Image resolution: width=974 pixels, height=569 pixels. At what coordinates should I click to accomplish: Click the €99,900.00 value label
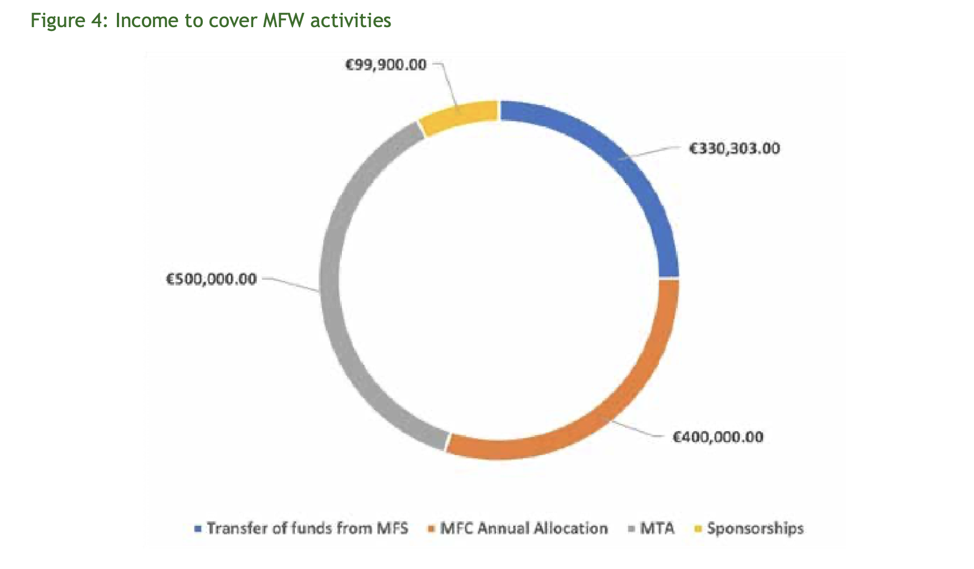point(386,65)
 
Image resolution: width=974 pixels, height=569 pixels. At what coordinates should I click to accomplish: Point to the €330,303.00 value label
point(734,148)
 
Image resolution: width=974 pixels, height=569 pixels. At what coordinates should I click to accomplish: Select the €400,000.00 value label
point(718,437)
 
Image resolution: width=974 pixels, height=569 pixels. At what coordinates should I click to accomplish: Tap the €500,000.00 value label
point(212,279)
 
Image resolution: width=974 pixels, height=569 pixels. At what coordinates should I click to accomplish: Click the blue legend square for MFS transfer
point(198,529)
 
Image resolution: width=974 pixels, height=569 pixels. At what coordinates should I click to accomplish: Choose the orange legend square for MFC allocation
point(431,529)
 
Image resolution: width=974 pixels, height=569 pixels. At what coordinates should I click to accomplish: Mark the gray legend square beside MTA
point(631,529)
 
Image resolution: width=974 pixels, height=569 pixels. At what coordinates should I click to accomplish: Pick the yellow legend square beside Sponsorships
point(698,529)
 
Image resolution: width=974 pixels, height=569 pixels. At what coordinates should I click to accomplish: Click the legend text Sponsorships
point(755,529)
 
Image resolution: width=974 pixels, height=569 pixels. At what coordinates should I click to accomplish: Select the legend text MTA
point(658,529)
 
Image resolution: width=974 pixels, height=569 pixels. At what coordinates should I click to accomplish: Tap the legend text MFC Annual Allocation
point(524,529)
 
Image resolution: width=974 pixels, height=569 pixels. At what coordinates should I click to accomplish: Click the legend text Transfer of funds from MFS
point(307,529)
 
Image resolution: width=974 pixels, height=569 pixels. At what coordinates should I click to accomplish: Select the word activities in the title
point(351,20)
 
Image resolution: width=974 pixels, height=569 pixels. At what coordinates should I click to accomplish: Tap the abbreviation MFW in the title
point(284,20)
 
